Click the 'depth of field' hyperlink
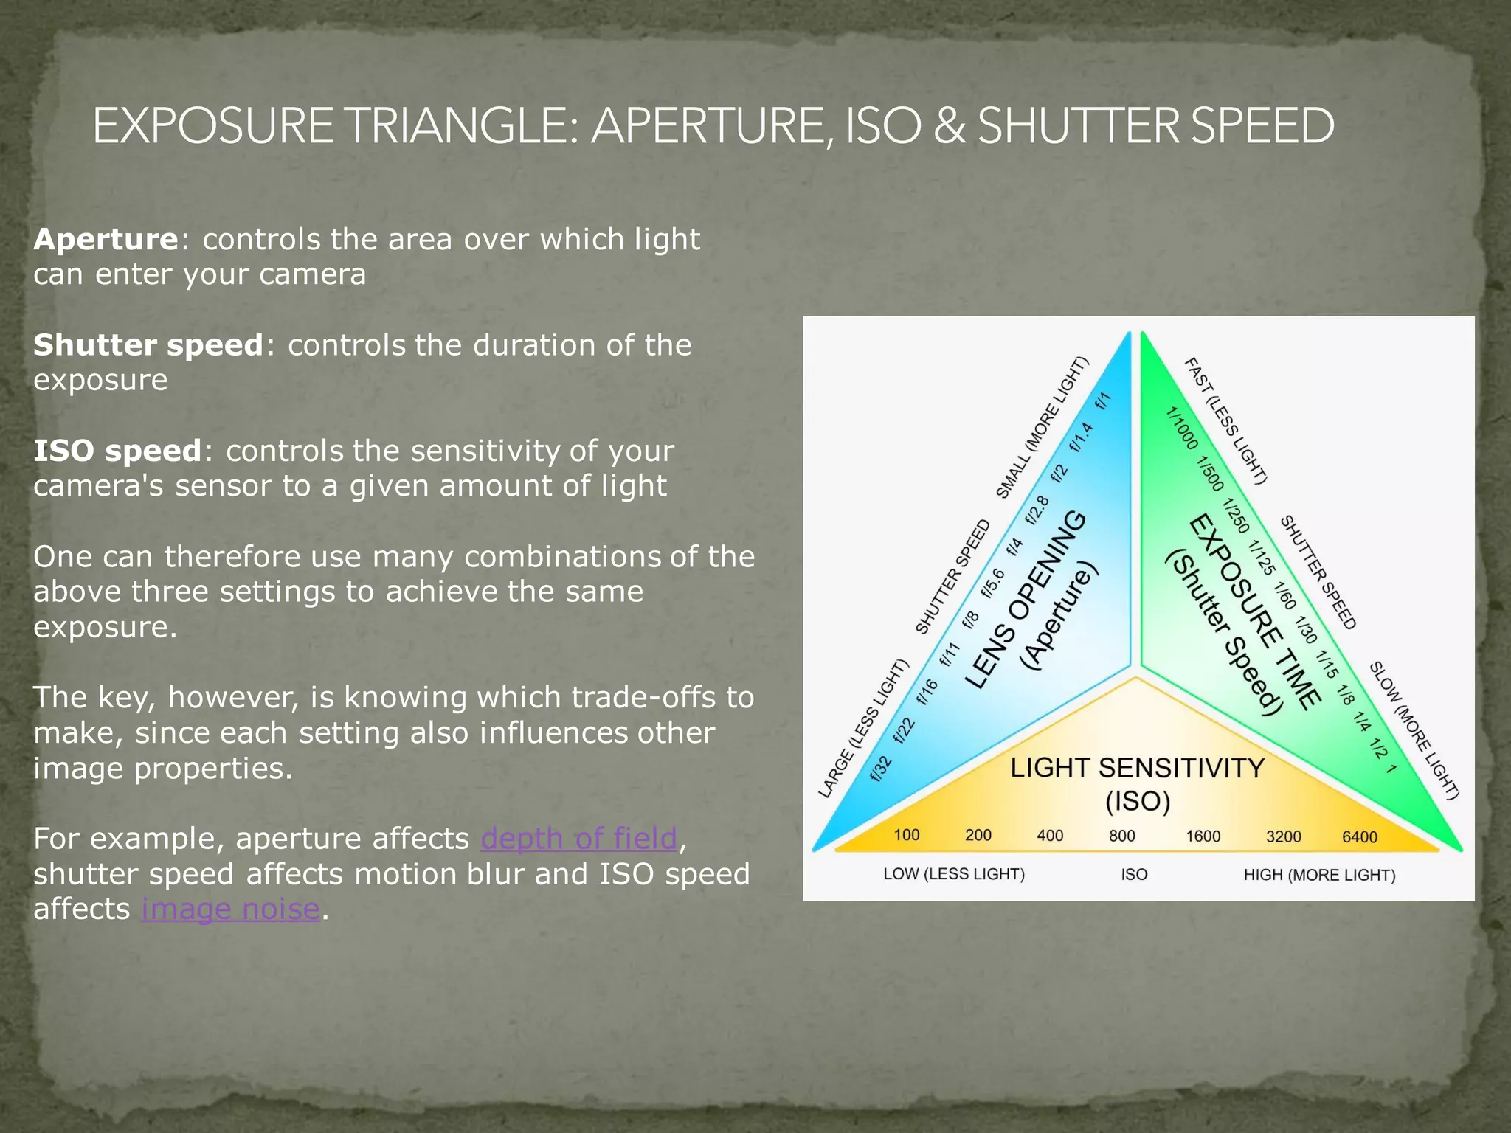point(578,839)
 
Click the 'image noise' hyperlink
point(230,909)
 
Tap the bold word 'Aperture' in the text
point(106,239)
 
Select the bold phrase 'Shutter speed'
point(148,344)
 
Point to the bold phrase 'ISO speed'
point(117,451)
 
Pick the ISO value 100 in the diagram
point(906,834)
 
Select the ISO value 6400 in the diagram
point(1359,836)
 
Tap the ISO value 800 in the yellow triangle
point(1121,836)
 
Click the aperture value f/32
point(881,768)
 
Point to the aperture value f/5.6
point(992,583)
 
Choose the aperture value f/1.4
point(1081,437)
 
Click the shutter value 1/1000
point(1182,428)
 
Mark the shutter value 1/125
point(1261,558)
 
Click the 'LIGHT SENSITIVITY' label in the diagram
point(1137,768)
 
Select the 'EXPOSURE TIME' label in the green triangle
point(1254,612)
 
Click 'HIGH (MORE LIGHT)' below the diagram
point(1319,875)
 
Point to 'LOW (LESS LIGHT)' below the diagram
point(953,874)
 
